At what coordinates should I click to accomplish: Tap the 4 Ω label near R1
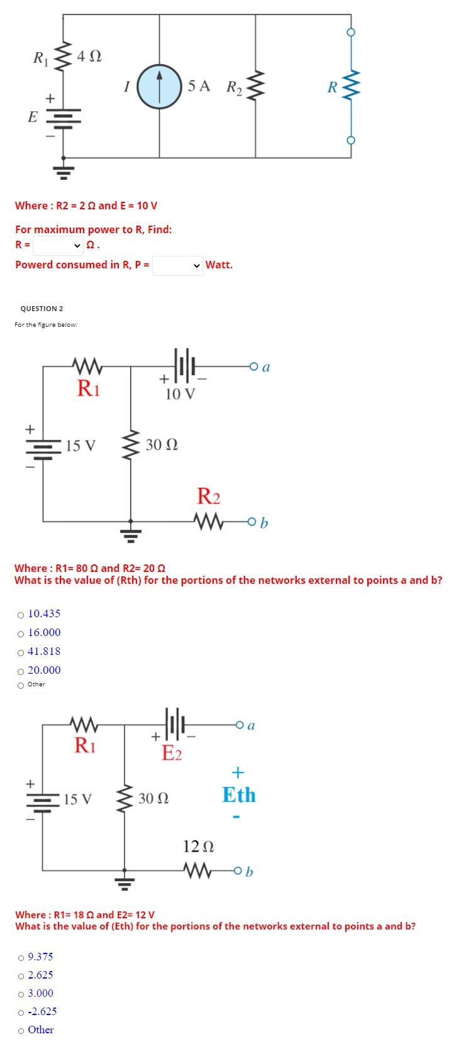click(x=89, y=57)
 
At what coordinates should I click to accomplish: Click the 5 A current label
click(x=199, y=85)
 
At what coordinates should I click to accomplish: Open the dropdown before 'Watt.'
click(x=178, y=265)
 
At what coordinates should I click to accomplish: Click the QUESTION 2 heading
click(x=42, y=309)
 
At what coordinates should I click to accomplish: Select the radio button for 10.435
click(x=21, y=614)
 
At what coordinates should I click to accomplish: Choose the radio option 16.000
click(x=21, y=633)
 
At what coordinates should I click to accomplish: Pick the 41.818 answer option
click(x=21, y=652)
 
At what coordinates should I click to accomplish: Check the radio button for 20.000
click(x=21, y=671)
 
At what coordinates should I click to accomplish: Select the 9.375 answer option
click(x=21, y=957)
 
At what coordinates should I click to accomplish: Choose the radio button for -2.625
click(x=21, y=1012)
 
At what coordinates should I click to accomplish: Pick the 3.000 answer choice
click(x=21, y=994)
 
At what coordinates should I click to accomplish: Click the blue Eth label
click(x=239, y=795)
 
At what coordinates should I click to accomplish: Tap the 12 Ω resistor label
click(x=199, y=846)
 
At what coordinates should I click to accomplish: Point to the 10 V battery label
click(x=180, y=394)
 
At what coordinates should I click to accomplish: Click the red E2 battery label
click(x=172, y=752)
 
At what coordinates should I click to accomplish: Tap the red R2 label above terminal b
click(x=209, y=497)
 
